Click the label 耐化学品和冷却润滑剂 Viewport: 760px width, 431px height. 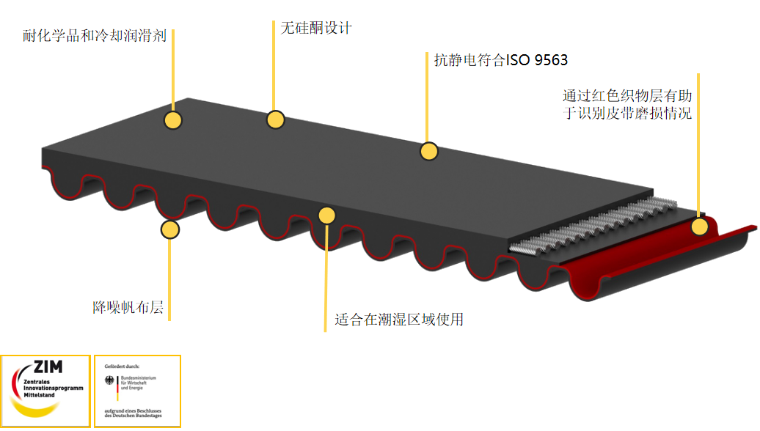95,36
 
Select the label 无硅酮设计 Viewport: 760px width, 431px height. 316,28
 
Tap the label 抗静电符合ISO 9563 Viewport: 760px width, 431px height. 501,60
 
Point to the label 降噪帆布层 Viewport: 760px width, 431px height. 128,308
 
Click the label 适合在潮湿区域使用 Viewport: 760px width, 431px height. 399,320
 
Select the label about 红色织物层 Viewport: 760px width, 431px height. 627,105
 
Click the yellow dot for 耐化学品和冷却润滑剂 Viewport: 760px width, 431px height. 173,120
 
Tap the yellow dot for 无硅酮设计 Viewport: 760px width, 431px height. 275,119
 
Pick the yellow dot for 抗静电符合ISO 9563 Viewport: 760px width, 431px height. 429,152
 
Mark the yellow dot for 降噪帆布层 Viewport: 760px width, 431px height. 169,229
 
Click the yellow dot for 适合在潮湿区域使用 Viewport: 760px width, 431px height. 326,215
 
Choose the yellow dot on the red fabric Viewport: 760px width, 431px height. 699,226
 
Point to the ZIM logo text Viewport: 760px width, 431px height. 48,367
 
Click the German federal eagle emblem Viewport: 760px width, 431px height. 109,380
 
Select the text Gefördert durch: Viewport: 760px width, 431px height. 122,366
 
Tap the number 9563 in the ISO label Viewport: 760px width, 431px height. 551,60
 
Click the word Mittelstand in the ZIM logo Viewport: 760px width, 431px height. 40,395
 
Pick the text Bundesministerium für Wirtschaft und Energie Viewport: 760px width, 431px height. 138,383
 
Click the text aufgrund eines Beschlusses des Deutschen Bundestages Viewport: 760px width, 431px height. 133,413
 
